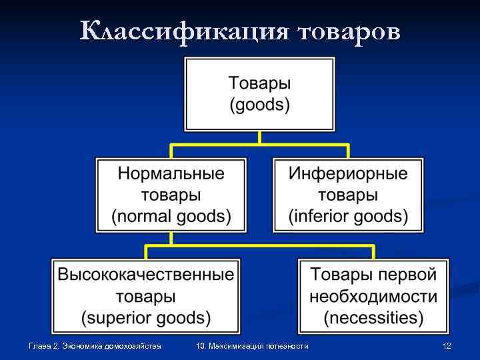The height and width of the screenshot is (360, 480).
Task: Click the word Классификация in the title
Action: [181, 31]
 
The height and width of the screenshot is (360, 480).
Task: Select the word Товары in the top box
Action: [260, 84]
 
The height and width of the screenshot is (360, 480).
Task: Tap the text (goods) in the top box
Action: [260, 105]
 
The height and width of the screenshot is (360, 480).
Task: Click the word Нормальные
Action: [171, 174]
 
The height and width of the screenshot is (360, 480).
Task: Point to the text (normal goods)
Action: [171, 216]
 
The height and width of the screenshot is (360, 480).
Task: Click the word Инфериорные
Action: [348, 174]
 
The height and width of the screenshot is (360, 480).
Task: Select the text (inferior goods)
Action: [348, 216]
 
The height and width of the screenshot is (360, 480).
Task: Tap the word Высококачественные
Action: [146, 274]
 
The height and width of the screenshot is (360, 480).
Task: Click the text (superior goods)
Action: [146, 317]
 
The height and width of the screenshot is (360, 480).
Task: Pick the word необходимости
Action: [373, 295]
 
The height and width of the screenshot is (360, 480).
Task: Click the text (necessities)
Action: [373, 317]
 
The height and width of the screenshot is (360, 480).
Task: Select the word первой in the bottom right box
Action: [413, 274]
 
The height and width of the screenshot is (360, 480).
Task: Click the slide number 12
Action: [447, 346]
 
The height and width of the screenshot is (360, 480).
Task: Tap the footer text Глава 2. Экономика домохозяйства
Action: [95, 346]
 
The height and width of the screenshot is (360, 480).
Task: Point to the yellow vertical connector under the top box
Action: [260, 137]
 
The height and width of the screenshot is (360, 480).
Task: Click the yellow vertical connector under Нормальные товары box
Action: [171, 239]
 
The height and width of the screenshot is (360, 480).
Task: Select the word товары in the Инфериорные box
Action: [348, 195]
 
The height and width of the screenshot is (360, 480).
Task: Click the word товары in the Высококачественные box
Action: [146, 295]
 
